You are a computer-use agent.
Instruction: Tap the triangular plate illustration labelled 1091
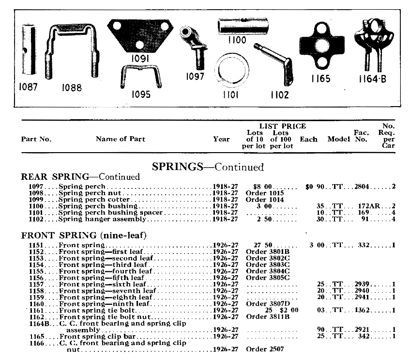[x=140, y=37]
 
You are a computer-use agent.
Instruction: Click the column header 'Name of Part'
[x=121, y=139]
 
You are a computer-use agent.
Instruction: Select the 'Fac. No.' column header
[x=361, y=136]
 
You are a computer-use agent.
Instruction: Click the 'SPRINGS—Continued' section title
[x=208, y=167]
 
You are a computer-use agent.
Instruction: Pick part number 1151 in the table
[x=37, y=245]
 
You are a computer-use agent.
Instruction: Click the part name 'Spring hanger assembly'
[x=102, y=219]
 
